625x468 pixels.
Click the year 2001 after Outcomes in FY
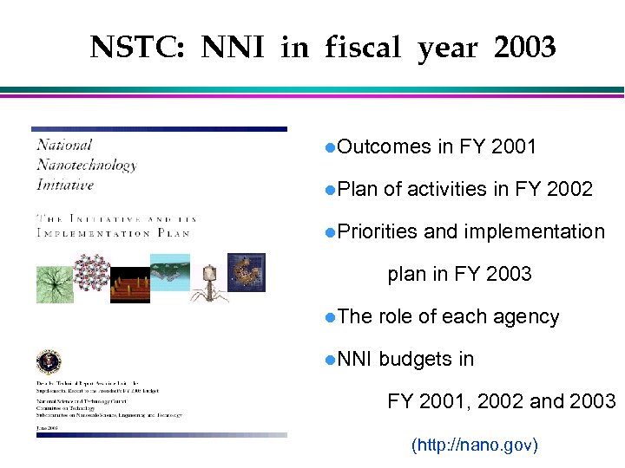point(513,147)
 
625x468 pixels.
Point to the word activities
point(448,189)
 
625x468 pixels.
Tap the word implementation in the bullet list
point(535,231)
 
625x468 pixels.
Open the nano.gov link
point(474,445)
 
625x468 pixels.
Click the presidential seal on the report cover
point(49,361)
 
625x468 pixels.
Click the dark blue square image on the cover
point(246,271)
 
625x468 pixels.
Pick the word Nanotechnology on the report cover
point(86,165)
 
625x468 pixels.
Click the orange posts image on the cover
point(130,285)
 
